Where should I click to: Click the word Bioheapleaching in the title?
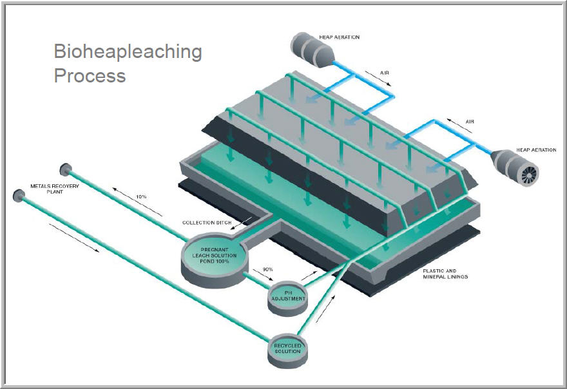tap(128, 52)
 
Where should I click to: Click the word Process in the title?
tap(90, 75)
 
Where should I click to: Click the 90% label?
tap(260, 270)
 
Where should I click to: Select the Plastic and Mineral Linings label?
tap(445, 274)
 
